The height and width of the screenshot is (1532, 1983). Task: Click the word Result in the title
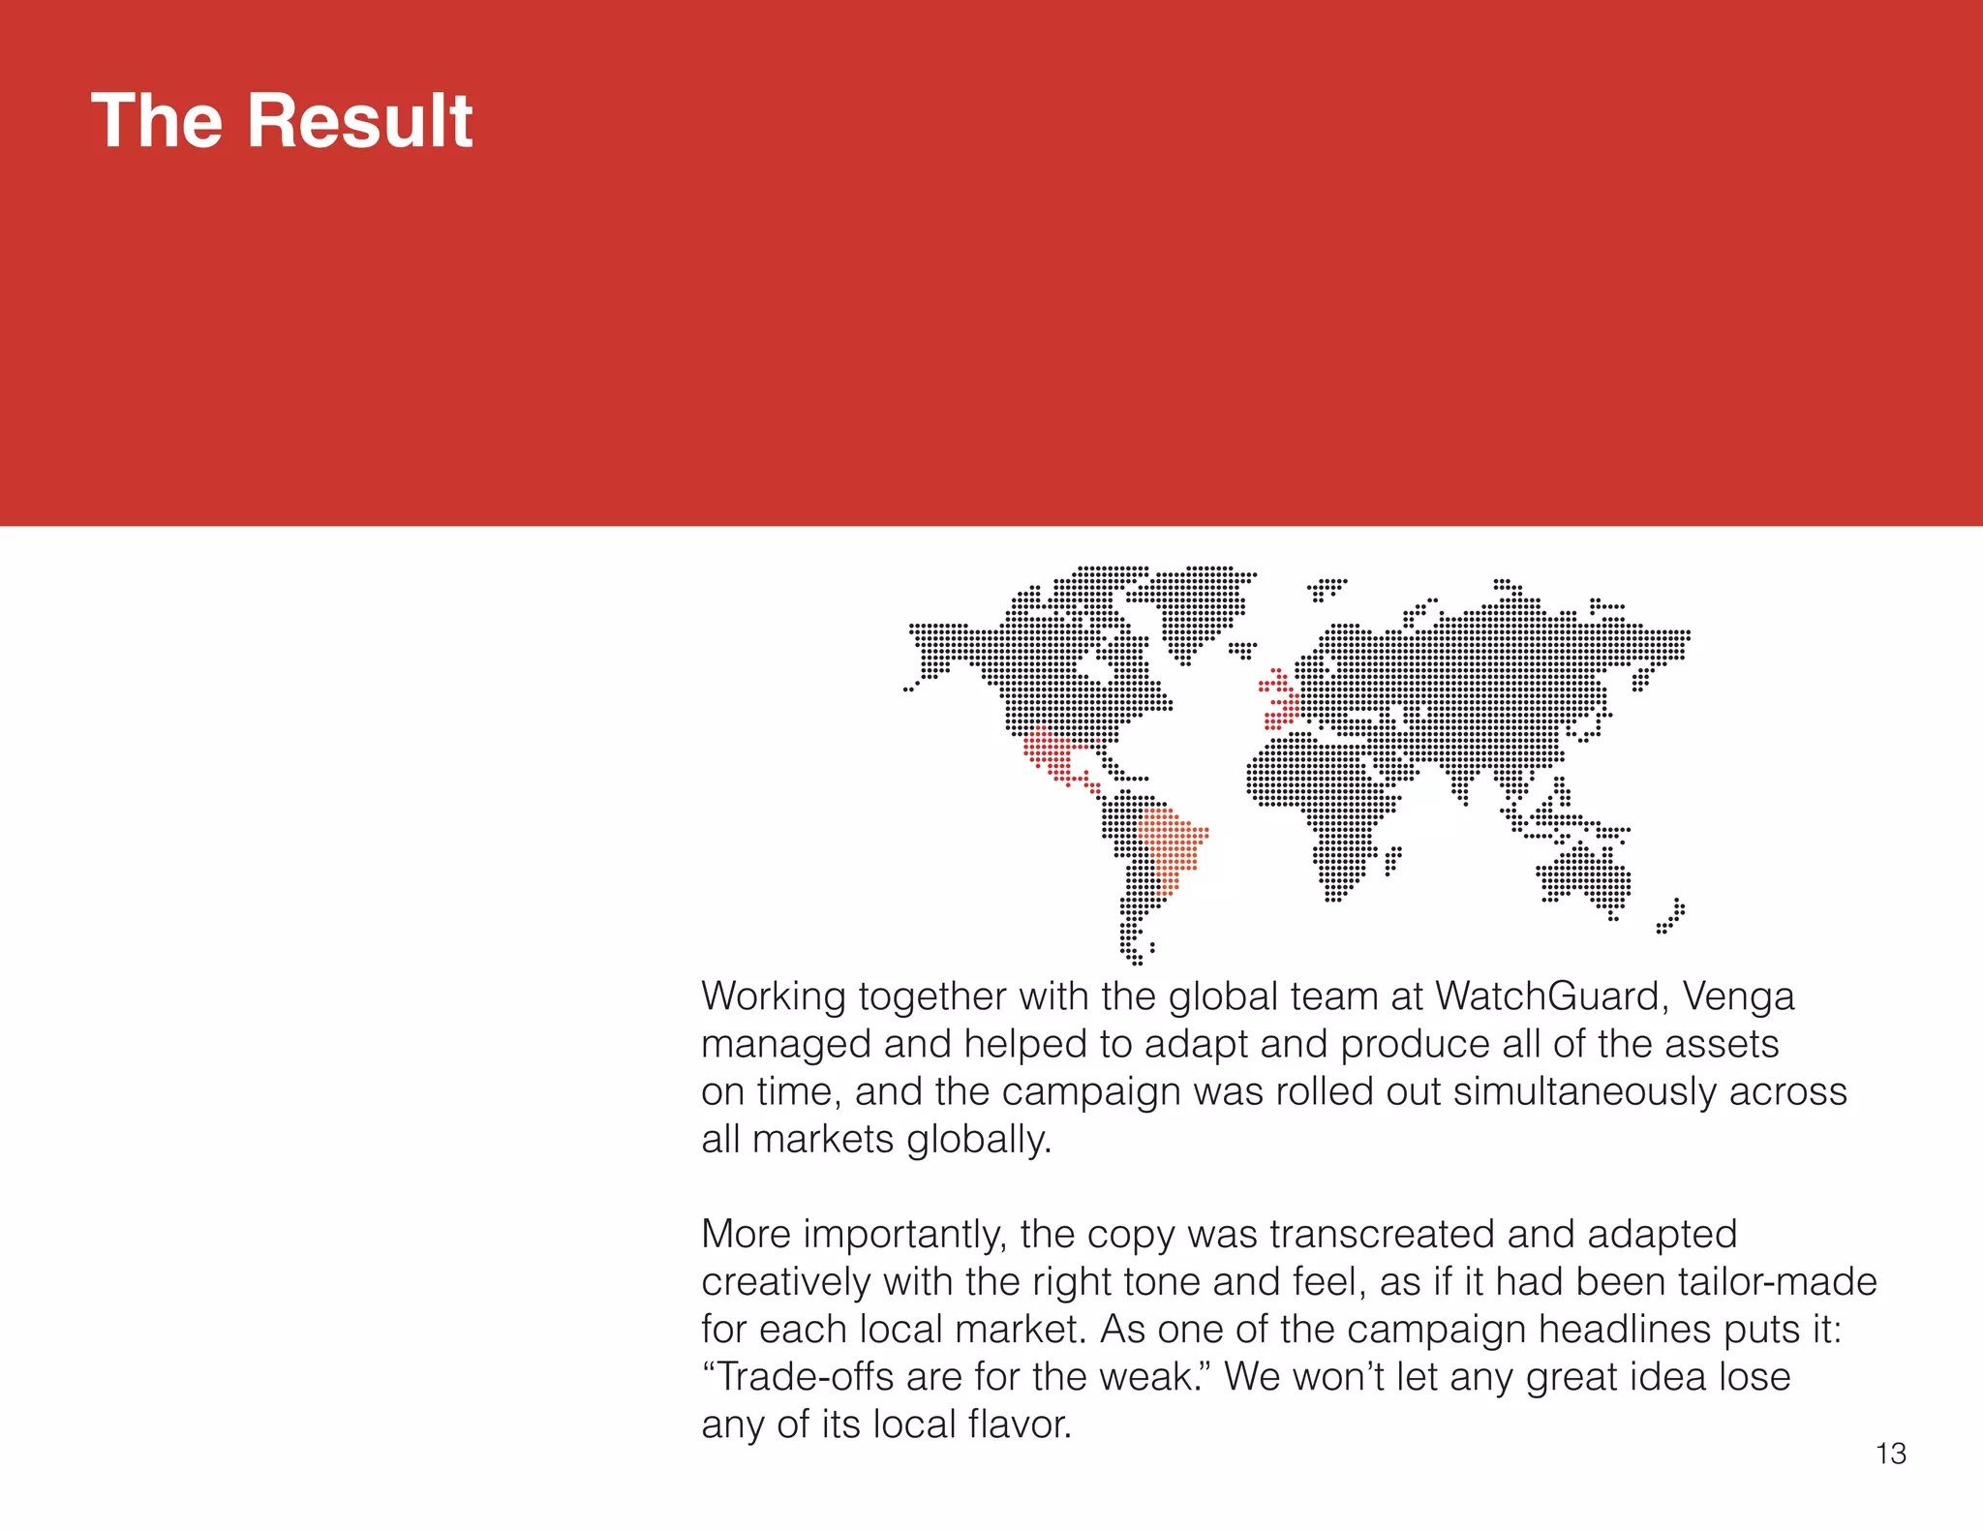359,121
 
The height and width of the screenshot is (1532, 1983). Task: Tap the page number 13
1890,1454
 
